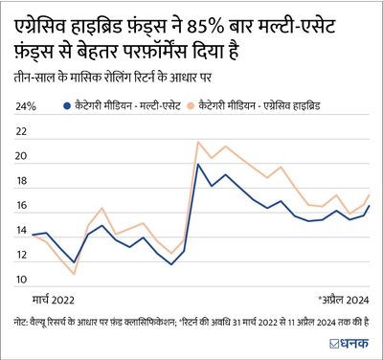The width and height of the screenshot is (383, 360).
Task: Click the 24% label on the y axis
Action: [25, 106]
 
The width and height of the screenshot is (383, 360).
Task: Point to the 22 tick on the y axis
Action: [21, 131]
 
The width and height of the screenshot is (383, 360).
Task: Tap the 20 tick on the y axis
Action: [21, 156]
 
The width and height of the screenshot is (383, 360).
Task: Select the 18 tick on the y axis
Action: [21, 181]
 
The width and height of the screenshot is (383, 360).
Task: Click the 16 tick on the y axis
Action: [21, 206]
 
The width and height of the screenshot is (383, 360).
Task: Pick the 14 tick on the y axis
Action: [21, 231]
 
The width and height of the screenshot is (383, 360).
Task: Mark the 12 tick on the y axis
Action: [21, 256]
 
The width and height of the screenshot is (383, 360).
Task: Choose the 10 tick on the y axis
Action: [21, 281]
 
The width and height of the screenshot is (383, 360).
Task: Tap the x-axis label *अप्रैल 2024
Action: [342, 299]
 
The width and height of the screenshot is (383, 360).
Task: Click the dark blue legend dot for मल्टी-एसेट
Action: [64, 106]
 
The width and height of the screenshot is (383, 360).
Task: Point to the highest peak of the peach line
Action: [198, 142]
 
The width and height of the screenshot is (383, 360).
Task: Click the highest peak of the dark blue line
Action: [198, 165]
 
